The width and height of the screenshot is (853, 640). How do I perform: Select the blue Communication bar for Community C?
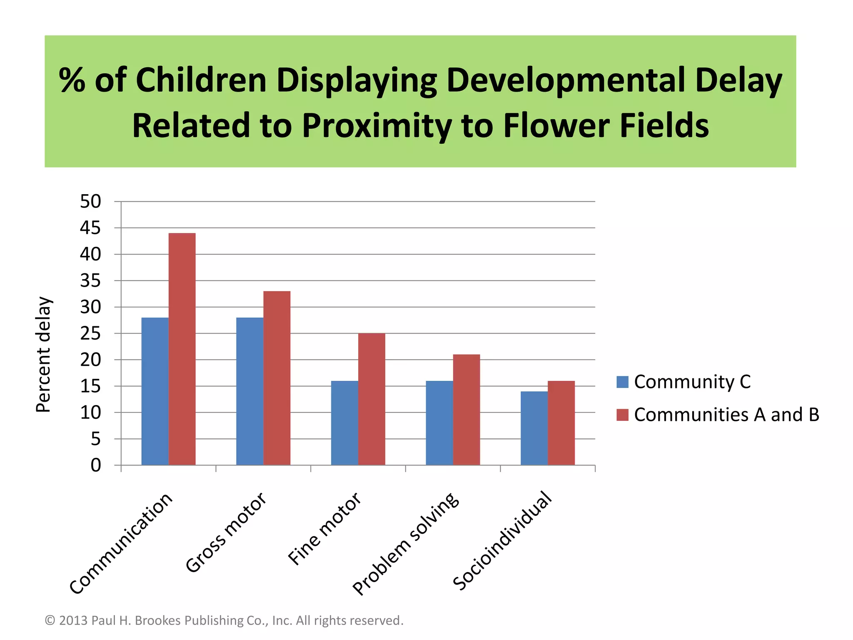click(155, 391)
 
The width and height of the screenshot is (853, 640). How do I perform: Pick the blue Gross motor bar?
click(250, 391)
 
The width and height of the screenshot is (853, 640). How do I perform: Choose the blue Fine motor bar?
click(344, 423)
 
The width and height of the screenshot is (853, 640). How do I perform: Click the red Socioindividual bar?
click(561, 423)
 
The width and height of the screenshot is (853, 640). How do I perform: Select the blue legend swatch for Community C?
click(622, 382)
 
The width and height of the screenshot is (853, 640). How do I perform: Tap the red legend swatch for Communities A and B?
click(622, 415)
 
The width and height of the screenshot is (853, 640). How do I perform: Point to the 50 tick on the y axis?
click(90, 202)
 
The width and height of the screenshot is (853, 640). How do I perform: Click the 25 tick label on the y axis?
click(90, 334)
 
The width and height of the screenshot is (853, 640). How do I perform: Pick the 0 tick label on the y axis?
click(96, 465)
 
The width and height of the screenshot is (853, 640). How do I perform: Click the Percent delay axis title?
click(43, 354)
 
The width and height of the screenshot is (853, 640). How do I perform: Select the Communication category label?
click(121, 544)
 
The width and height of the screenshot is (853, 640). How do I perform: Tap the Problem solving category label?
click(406, 544)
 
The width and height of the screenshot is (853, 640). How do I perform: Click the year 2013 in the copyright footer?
click(73, 620)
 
